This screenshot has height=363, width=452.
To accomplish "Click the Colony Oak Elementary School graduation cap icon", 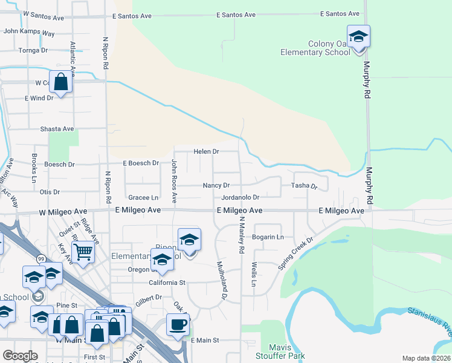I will click(x=358, y=36).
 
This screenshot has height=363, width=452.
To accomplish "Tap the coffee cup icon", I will click(x=178, y=324).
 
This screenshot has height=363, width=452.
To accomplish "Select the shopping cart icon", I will click(x=83, y=250).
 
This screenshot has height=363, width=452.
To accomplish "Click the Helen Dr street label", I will click(x=206, y=151).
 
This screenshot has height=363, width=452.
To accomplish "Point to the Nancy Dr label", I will click(x=216, y=185).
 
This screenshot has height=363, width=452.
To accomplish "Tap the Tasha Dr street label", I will click(x=305, y=186).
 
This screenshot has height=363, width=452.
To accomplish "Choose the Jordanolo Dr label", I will click(x=240, y=197).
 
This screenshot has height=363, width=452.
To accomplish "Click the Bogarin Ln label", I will click(x=268, y=237).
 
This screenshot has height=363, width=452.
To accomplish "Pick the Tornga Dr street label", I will click(x=33, y=50).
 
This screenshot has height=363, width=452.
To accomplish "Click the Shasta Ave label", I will click(x=57, y=129).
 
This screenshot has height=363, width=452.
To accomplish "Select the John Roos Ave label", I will click(x=174, y=180).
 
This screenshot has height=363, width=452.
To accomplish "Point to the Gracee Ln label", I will click(x=143, y=197).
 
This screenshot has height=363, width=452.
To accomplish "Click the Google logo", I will click(x=21, y=356).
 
